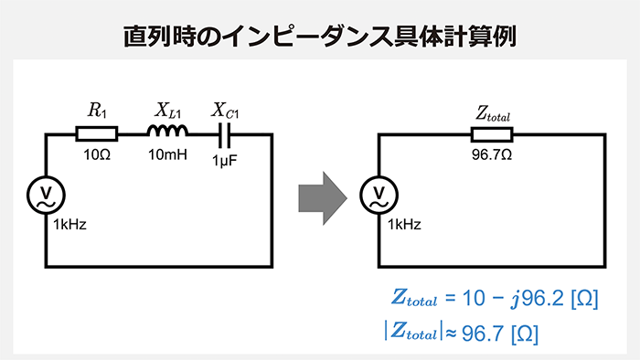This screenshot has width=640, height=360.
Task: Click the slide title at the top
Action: pyautogui.click(x=320, y=36)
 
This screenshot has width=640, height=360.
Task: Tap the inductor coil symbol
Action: pyautogui.click(x=167, y=133)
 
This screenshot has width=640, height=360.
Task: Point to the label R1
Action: pyautogui.click(x=97, y=111)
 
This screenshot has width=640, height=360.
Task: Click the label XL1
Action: pyautogui.click(x=167, y=111)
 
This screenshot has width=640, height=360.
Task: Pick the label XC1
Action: pyautogui.click(x=225, y=111)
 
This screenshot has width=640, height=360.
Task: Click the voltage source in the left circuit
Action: pyautogui.click(x=46, y=194)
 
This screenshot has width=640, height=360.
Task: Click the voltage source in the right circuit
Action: pyautogui.click(x=379, y=194)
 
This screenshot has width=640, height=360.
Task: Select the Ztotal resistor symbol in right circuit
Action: pyautogui.click(x=492, y=135)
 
